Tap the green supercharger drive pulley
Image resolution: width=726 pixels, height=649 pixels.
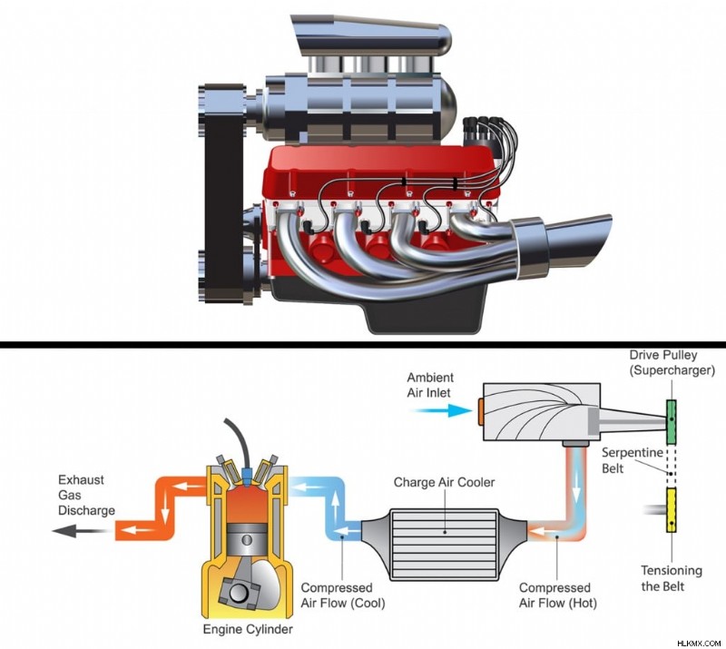tap(671, 420)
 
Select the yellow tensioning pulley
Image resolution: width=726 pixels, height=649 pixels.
tap(671, 509)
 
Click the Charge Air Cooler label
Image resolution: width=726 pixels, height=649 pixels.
tap(444, 482)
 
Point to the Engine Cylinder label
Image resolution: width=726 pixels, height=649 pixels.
tap(248, 629)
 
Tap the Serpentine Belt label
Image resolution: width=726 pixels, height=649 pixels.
tap(632, 460)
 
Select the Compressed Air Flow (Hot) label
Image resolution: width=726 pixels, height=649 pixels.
tap(557, 595)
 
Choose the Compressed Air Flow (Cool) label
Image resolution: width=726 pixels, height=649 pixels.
tap(343, 595)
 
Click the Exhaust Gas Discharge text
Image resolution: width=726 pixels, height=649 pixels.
tap(86, 496)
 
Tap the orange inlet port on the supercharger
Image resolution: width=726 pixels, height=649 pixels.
tap(481, 410)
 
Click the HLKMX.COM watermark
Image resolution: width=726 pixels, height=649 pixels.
tap(699, 644)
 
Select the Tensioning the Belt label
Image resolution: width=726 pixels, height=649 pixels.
tap(671, 578)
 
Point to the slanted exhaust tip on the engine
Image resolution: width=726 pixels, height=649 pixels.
tap(573, 244)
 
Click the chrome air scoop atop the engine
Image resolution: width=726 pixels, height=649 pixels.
tap(370, 36)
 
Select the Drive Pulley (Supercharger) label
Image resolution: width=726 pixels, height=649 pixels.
tap(672, 363)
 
